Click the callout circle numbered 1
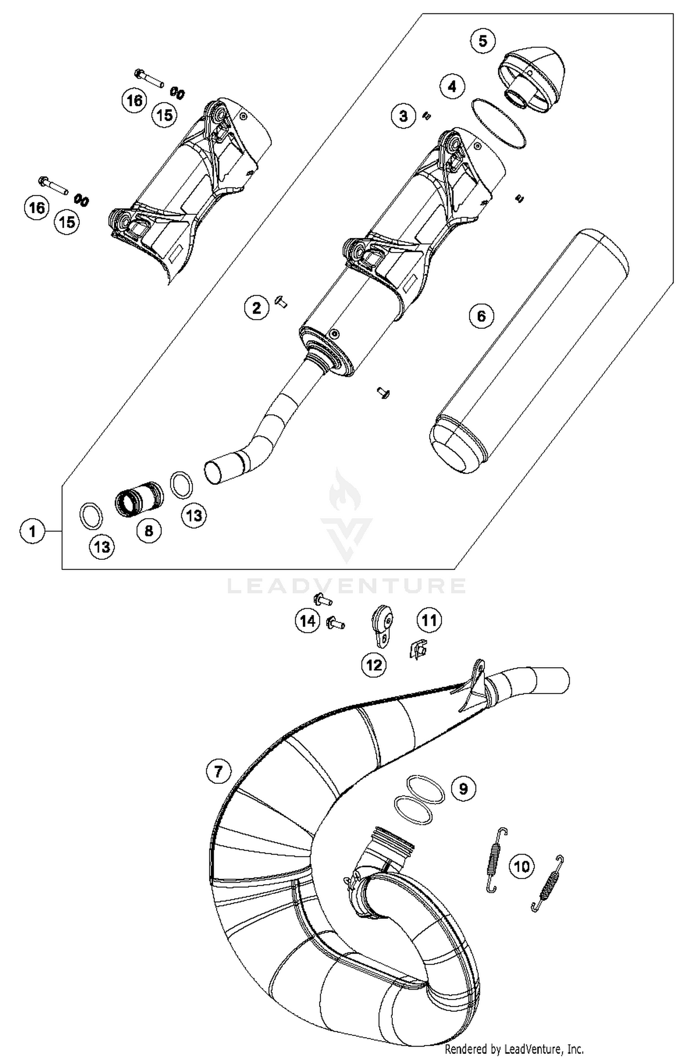[32, 531]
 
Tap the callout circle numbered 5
[483, 41]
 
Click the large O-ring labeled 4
[499, 124]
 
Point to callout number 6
[481, 316]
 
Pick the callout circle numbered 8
[149, 531]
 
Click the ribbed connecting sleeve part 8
[139, 500]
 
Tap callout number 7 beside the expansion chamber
[218, 771]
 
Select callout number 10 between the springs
[522, 866]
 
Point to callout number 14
[308, 620]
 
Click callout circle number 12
[374, 665]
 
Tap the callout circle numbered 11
[429, 620]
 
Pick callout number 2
[257, 308]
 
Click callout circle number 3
[403, 116]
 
